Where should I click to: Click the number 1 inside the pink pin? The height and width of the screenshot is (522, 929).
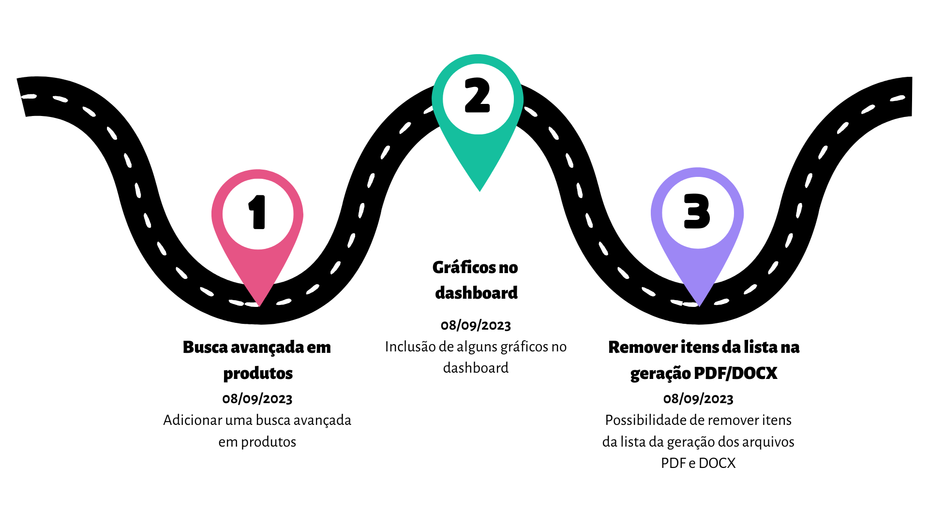[x=258, y=212]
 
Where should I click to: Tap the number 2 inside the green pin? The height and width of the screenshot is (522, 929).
[x=478, y=96]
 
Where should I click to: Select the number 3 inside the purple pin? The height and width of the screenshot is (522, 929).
[x=697, y=212]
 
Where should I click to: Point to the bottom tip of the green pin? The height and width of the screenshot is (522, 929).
[x=479, y=190]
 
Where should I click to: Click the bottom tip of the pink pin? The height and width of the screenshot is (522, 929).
[x=260, y=305]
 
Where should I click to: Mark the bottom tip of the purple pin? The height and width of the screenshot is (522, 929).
[x=699, y=305]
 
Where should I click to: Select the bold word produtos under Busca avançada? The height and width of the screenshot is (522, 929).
[x=258, y=373]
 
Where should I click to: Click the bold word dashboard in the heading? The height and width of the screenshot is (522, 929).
[x=476, y=293]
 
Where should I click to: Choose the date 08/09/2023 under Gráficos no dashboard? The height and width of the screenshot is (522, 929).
[x=476, y=325]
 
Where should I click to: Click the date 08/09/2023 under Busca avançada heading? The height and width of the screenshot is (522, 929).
[x=257, y=399]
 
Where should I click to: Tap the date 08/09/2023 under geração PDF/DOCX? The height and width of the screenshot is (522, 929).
[x=698, y=399]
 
